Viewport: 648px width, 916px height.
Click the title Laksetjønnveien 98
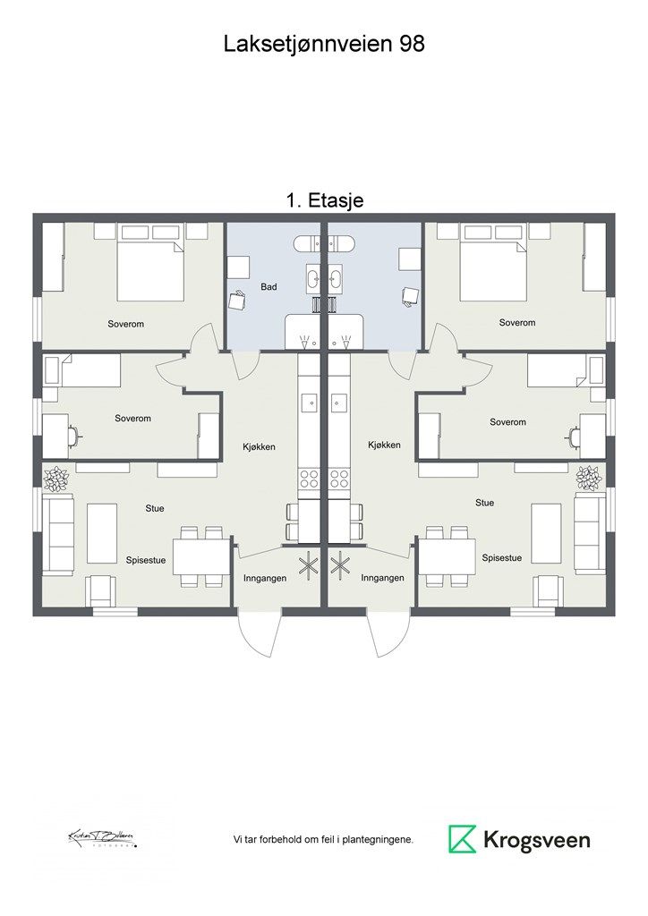tap(324, 44)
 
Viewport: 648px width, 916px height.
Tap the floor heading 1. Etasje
tap(324, 200)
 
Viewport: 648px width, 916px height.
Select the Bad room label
tap(269, 287)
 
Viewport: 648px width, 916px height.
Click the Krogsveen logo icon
tap(463, 839)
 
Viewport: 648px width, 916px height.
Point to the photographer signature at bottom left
tap(101, 838)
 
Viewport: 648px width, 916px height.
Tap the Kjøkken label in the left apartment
tap(259, 445)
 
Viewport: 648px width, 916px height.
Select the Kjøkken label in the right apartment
tap(384, 445)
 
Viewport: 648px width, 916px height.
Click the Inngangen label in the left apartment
tap(265, 579)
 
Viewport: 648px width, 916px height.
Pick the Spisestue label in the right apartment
tap(502, 557)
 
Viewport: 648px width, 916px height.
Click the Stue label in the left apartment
tap(155, 508)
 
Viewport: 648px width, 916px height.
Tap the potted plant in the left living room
tap(56, 479)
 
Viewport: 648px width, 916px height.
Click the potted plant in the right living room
tap(589, 478)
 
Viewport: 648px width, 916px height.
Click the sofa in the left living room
tap(59, 535)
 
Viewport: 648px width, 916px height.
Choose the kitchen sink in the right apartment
tap(338, 403)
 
